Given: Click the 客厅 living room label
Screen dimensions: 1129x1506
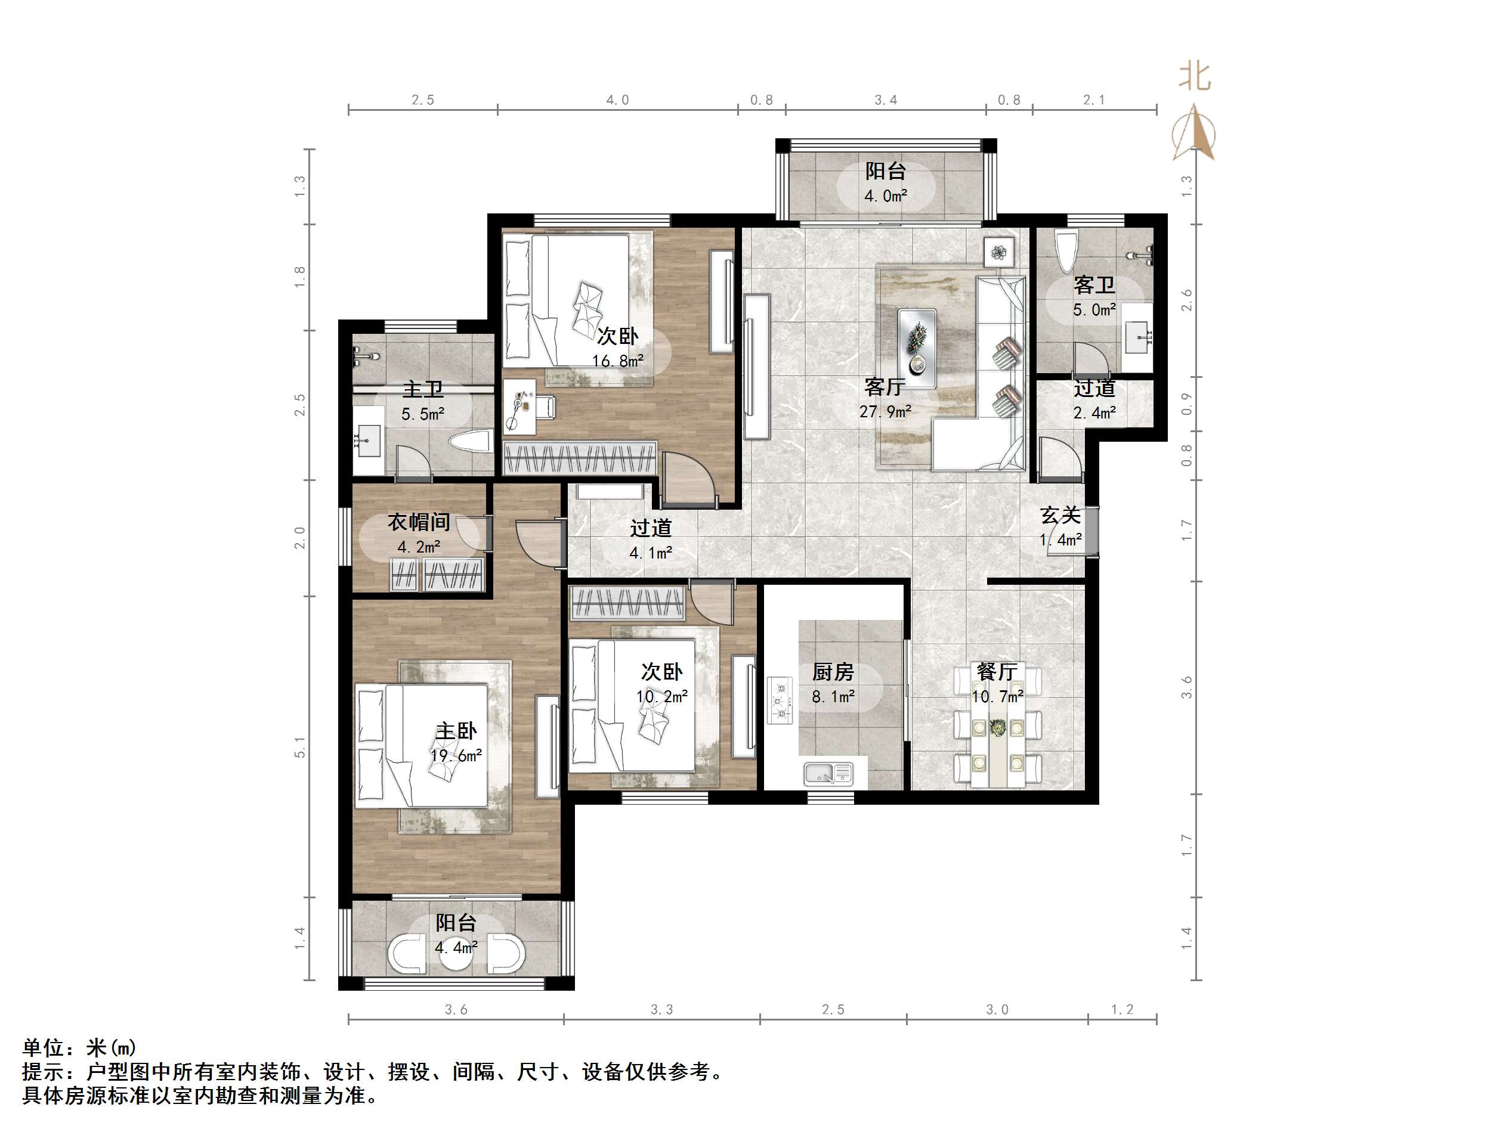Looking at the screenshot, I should pos(885,386).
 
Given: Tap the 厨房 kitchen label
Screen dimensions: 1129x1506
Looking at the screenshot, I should pos(833,672).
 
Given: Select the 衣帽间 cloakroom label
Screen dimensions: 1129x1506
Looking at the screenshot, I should pos(419,522).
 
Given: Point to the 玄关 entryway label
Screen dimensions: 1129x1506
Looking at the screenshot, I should pos(1060,515).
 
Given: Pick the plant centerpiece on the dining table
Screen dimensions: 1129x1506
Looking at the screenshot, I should pos(997,727).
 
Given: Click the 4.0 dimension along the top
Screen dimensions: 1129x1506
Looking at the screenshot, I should pos(617,100).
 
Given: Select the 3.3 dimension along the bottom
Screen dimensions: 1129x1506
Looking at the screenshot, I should pos(661,1010).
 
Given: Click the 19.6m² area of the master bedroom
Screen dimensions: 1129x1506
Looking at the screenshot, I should pos(456,755).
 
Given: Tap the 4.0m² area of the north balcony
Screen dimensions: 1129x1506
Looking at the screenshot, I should pos(885,196).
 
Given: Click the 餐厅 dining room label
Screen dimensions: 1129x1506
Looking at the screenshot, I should pos(997,672).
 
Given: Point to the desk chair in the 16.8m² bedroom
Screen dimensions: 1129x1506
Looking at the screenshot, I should pos(545,407).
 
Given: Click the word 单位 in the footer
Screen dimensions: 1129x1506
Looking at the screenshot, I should pos(43,1047).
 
